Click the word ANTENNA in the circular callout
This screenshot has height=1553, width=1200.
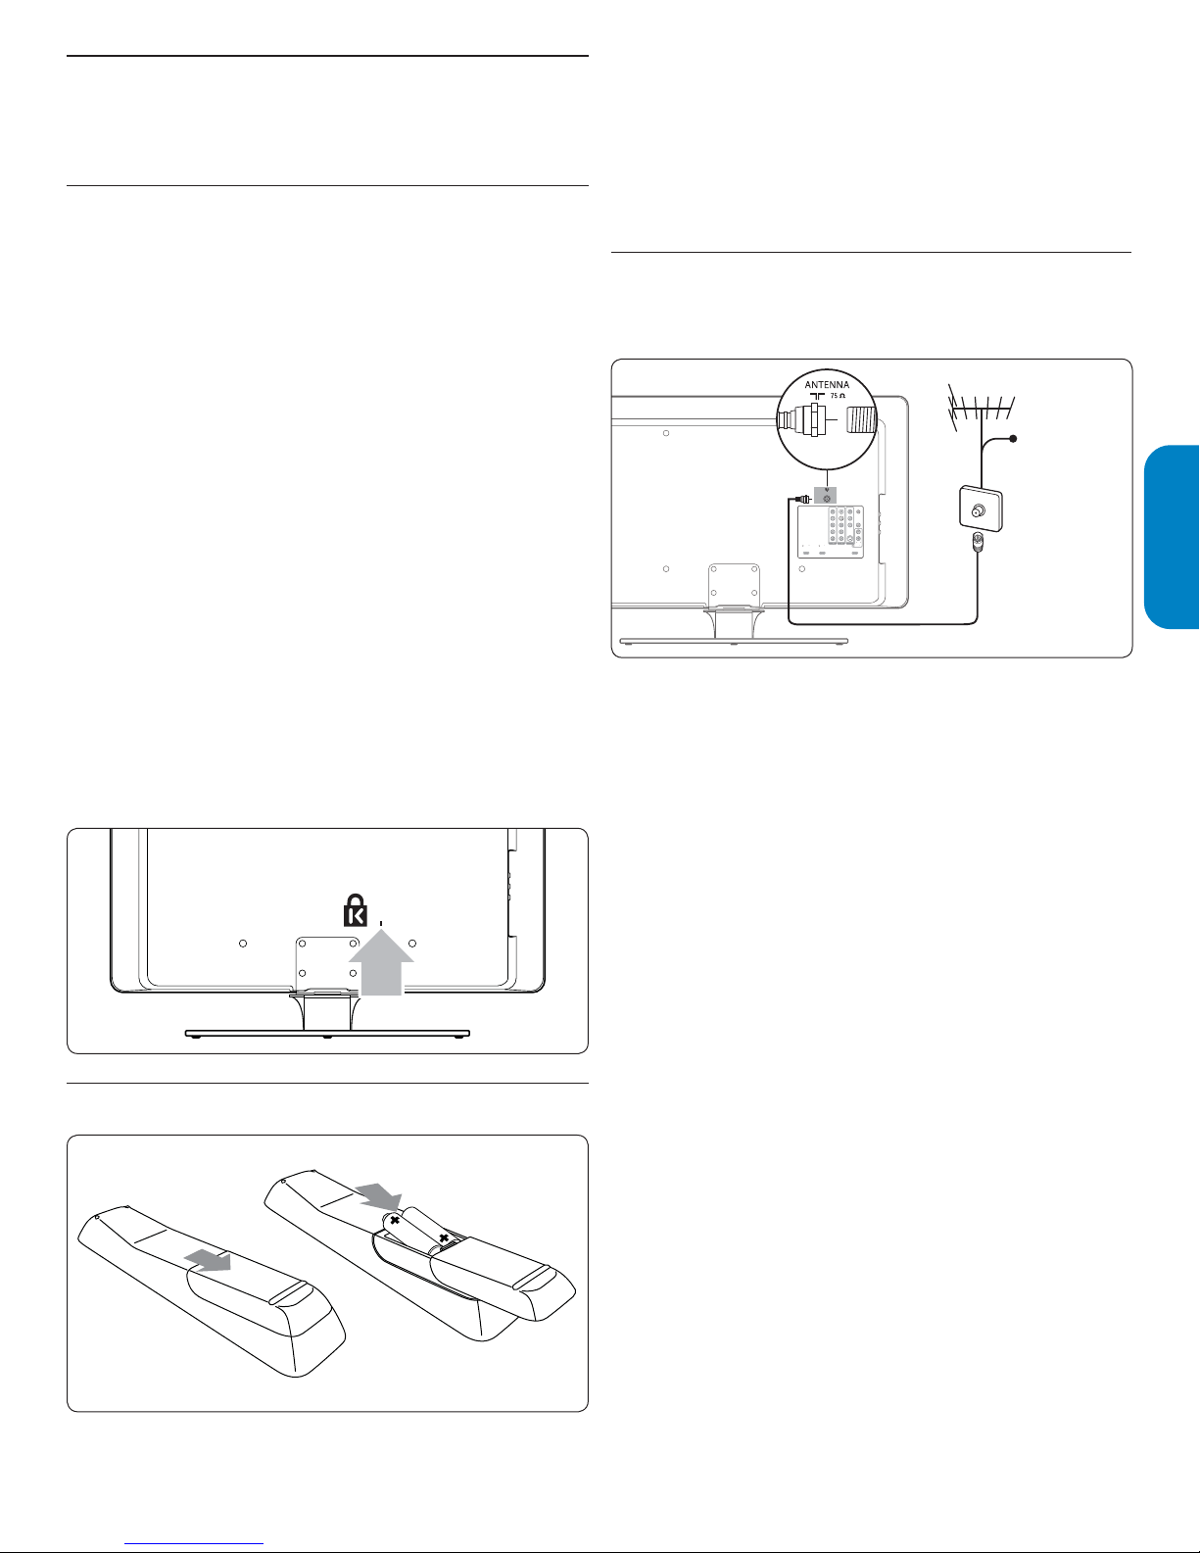coord(827,384)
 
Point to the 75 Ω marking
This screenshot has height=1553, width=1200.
coord(838,395)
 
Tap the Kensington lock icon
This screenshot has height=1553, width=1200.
coord(356,910)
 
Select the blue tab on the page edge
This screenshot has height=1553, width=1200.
coord(1172,537)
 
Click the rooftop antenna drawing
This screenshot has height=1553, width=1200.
coord(980,414)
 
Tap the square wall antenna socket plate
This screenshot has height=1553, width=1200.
coord(980,508)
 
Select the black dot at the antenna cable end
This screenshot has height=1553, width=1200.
coord(1012,439)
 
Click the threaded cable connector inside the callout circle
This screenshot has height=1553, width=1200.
coord(861,421)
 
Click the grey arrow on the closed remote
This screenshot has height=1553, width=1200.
coord(208,1260)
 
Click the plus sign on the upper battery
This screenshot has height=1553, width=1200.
coord(394,1220)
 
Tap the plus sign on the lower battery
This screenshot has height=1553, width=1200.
coord(444,1237)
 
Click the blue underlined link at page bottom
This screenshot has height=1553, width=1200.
coord(194,1543)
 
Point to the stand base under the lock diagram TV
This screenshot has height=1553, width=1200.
coord(327,1034)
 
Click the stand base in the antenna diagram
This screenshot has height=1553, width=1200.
coord(734,641)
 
